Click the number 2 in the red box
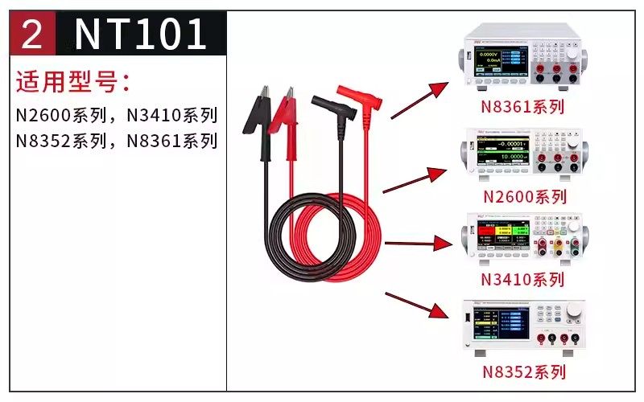(x=32, y=34)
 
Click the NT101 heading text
(x=142, y=34)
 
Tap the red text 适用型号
(x=72, y=81)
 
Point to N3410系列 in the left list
(x=172, y=115)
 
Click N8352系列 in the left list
(x=62, y=141)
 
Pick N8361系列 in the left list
(x=172, y=141)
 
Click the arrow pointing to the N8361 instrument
(x=419, y=100)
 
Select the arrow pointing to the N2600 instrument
(x=414, y=181)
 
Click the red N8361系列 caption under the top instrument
(x=523, y=106)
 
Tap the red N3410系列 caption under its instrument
(x=522, y=280)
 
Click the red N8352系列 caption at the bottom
(x=524, y=371)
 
